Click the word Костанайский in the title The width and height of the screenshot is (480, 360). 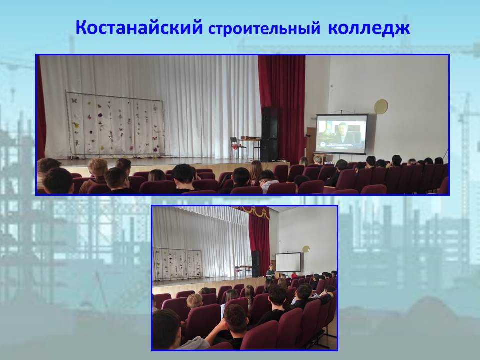click(139, 27)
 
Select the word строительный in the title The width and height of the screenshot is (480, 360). click(264, 29)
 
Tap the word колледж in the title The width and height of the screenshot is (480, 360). click(369, 28)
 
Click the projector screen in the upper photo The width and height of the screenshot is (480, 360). click(341, 134)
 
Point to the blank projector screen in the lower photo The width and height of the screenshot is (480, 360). click(288, 262)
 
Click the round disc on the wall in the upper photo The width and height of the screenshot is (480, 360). click(381, 107)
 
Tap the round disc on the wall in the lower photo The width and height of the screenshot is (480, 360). click(306, 249)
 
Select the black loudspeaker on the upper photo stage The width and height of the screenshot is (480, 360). click(269, 134)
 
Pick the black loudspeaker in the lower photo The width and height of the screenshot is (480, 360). click(255, 264)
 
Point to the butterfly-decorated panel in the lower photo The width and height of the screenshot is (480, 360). click(178, 264)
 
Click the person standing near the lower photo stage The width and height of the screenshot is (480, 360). click(270, 272)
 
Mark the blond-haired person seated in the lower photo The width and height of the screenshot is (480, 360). click(194, 301)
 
